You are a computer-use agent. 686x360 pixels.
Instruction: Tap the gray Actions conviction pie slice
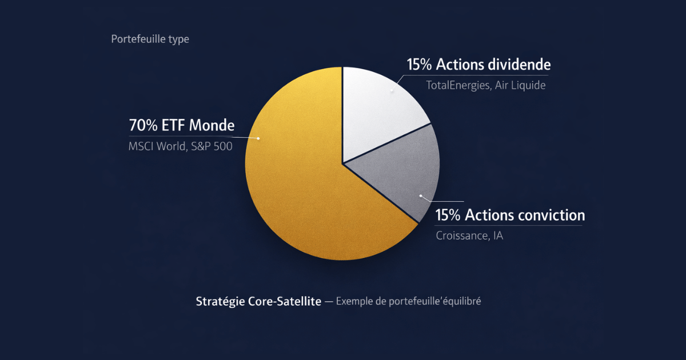click(x=400, y=171)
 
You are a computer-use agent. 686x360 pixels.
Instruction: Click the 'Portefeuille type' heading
click(x=150, y=39)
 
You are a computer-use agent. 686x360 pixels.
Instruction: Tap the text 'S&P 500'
click(x=212, y=146)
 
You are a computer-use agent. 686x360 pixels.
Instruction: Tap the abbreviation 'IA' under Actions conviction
click(x=497, y=235)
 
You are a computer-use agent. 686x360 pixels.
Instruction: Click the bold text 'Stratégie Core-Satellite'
click(x=258, y=301)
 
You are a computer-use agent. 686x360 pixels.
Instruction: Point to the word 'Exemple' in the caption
click(x=354, y=301)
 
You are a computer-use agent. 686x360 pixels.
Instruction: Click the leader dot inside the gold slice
click(x=258, y=138)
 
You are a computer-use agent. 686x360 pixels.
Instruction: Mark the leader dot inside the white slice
click(x=392, y=90)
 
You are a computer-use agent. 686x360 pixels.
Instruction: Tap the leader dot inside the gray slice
click(x=421, y=196)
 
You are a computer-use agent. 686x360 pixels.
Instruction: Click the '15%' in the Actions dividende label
click(x=420, y=64)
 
